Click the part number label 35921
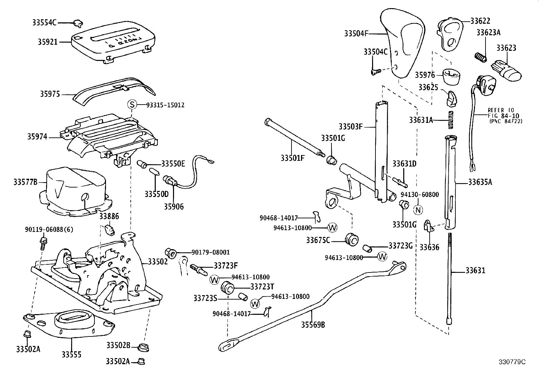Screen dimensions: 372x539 [x=48, y=42]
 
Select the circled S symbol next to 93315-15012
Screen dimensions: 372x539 [x=132, y=105]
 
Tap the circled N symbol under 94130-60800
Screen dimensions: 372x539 [x=418, y=210]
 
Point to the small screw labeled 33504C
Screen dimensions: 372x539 [x=375, y=71]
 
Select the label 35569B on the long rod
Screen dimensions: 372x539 [x=313, y=325]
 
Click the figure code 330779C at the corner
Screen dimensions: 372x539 [x=512, y=362]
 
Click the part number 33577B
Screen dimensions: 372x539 [x=25, y=182]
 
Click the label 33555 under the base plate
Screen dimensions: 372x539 [x=71, y=354]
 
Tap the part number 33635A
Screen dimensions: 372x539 [x=480, y=182]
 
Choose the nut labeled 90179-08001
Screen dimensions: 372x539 [x=171, y=253]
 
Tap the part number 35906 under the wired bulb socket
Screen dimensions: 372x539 [x=174, y=206]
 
